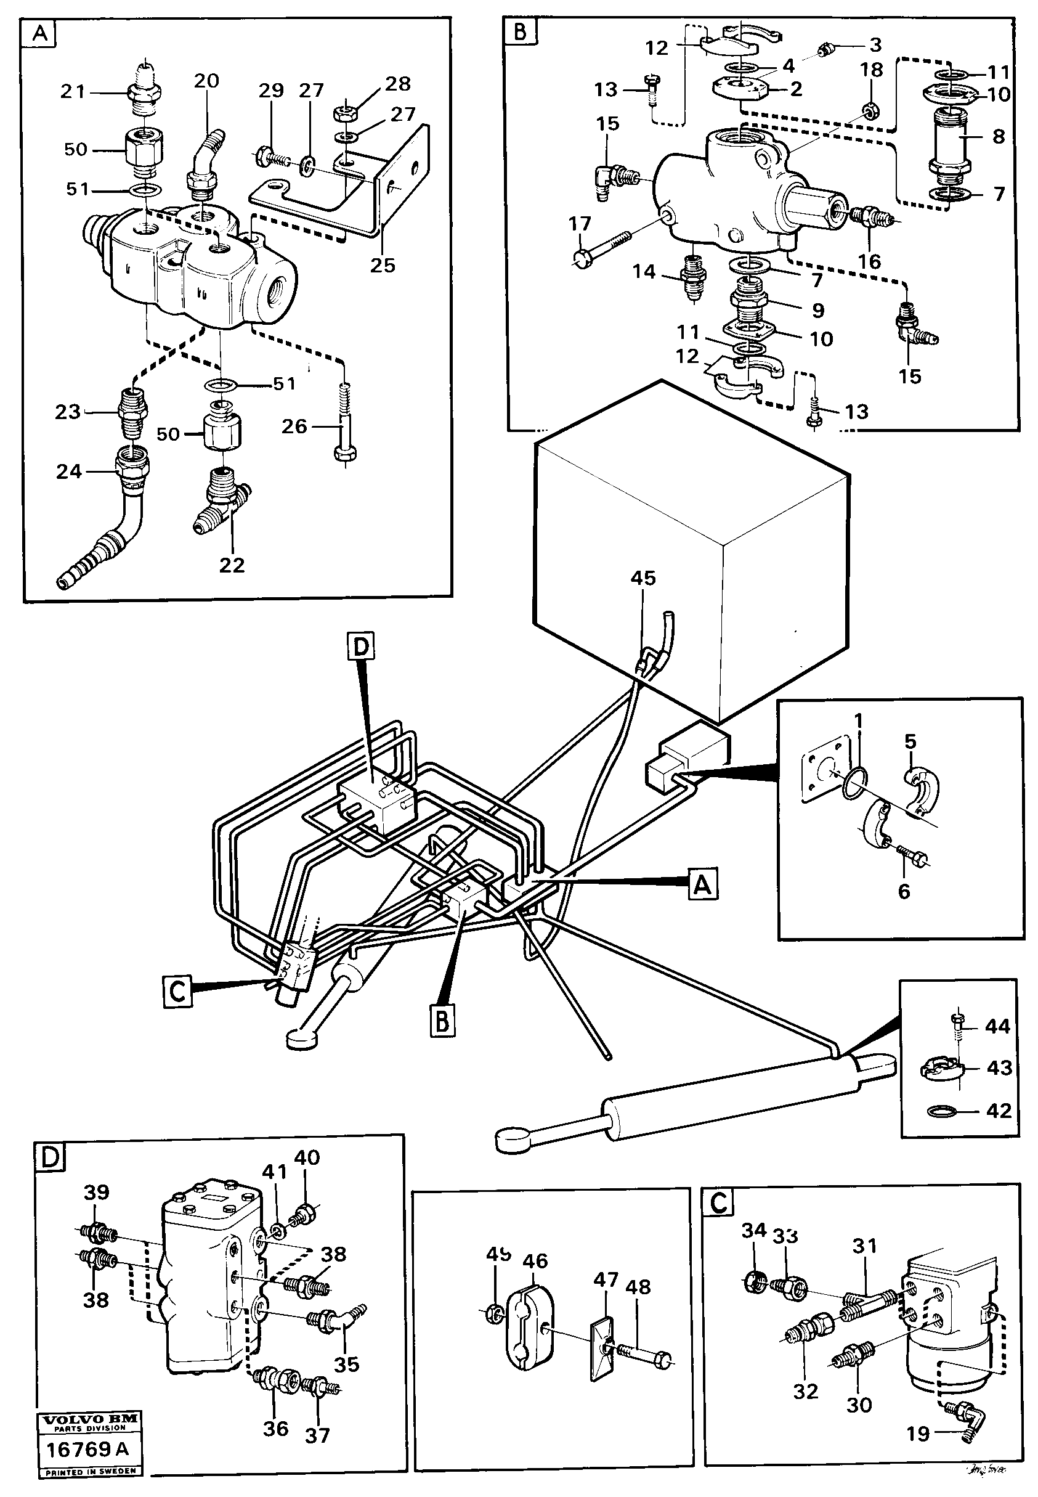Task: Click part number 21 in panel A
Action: click(x=72, y=91)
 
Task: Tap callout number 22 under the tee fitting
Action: click(x=232, y=565)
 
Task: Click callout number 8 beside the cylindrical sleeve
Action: click(x=999, y=137)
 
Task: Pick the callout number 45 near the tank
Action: click(x=643, y=577)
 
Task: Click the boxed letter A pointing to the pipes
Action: click(x=703, y=886)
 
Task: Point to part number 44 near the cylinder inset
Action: click(x=997, y=1027)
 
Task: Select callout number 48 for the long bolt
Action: click(x=638, y=1287)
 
